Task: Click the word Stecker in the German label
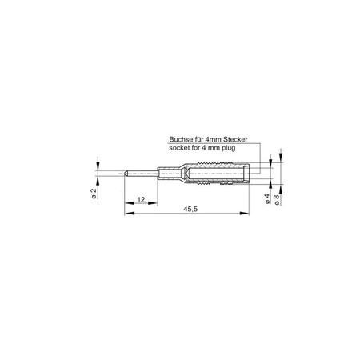(x=236, y=139)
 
